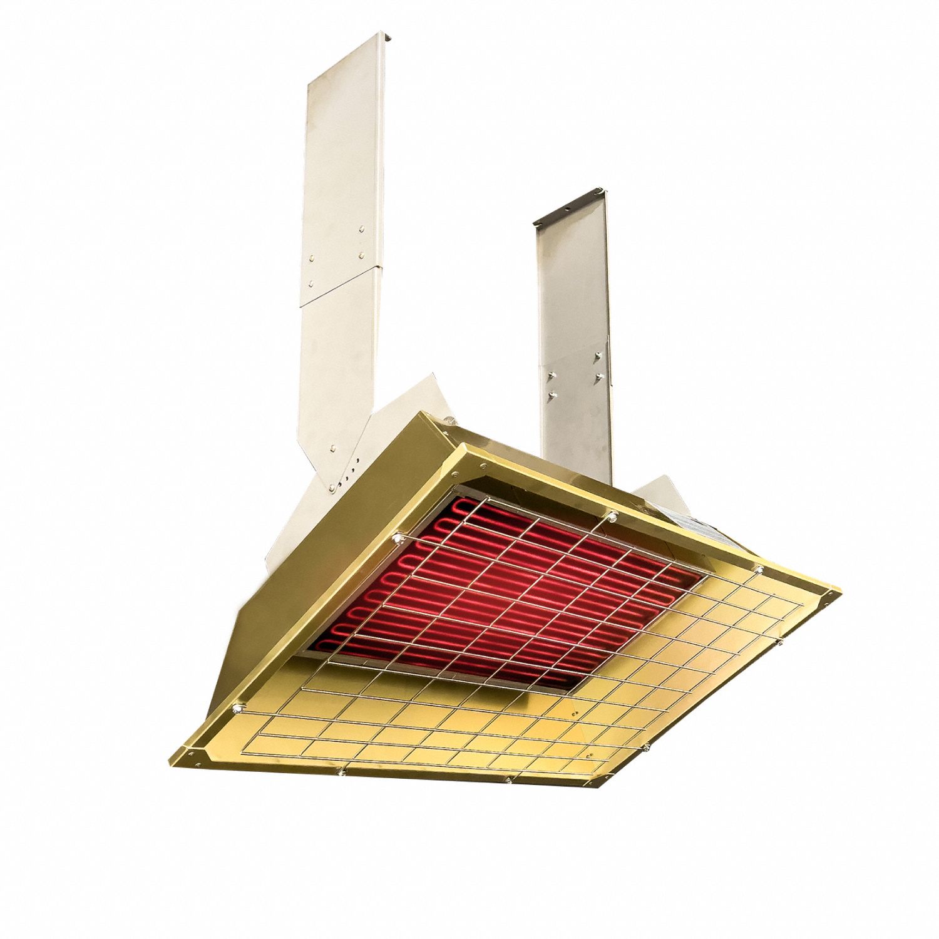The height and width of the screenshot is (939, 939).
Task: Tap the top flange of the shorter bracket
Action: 570,205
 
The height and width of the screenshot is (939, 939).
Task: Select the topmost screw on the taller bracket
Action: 362,230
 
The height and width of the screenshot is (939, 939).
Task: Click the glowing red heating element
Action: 501,582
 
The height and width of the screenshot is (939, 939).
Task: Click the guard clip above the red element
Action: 612,516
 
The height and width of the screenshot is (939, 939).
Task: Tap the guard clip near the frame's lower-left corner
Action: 238,708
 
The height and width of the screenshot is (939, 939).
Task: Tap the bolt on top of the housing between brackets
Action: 448,415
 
